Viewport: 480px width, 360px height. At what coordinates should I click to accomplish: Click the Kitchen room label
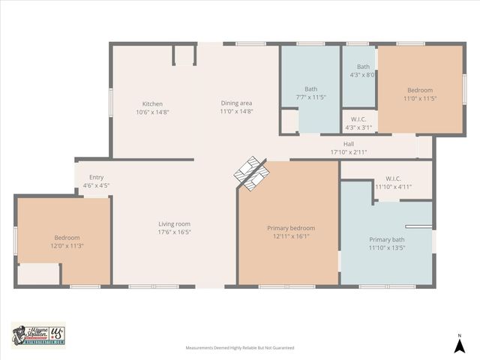pyautogui.click(x=152, y=104)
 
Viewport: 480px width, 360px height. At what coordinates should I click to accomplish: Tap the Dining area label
pyautogui.click(x=236, y=103)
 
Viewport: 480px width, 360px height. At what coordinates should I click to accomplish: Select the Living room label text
pyautogui.click(x=174, y=223)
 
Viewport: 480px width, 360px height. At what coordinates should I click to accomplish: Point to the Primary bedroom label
pyautogui.click(x=291, y=228)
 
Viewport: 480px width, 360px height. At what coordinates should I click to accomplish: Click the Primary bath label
pyautogui.click(x=386, y=239)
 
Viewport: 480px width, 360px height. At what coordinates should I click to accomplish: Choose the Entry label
pyautogui.click(x=96, y=177)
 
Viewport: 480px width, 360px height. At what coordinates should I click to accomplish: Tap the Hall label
pyautogui.click(x=349, y=144)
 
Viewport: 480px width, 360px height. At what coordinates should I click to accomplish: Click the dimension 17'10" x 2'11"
pyautogui.click(x=349, y=152)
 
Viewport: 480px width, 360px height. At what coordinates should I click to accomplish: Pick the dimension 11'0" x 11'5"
pyautogui.click(x=419, y=98)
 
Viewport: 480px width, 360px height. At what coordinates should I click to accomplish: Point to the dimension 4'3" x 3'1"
pyautogui.click(x=358, y=127)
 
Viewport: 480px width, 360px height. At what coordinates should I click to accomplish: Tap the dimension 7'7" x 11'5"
pyautogui.click(x=310, y=97)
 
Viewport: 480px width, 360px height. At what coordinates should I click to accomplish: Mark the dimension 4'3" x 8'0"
pyautogui.click(x=362, y=75)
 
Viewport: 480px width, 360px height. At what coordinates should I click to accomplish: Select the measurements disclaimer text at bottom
pyautogui.click(x=240, y=348)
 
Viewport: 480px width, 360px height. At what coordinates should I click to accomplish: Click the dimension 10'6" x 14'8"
pyautogui.click(x=152, y=112)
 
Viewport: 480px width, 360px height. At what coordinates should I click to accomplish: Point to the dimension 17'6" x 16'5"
pyautogui.click(x=174, y=232)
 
